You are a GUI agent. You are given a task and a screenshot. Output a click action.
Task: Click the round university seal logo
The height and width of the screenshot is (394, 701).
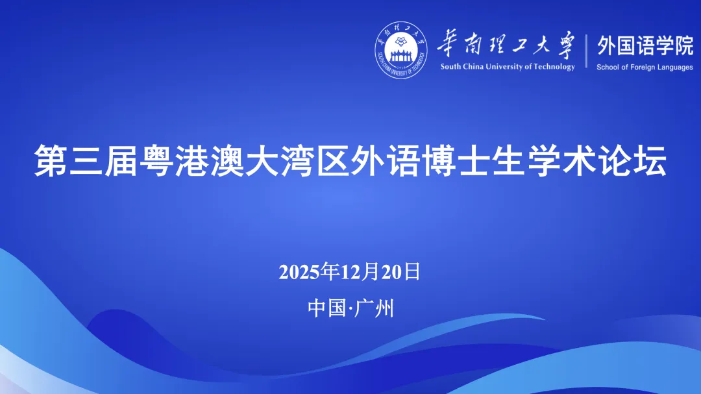click(x=400, y=49)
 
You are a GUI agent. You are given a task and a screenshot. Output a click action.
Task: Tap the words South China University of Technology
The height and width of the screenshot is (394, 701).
click(x=508, y=67)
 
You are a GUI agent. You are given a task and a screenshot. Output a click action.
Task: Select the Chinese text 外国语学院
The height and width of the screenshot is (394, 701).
click(x=645, y=45)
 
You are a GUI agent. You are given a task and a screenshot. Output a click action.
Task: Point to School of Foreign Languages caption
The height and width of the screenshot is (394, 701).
click(x=645, y=67)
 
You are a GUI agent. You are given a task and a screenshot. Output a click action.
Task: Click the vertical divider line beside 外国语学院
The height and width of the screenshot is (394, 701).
click(x=586, y=51)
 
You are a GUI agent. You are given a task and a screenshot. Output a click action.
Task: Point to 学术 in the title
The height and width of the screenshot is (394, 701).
click(x=561, y=160)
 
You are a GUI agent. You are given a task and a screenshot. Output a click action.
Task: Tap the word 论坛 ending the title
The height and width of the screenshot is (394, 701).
click(x=632, y=160)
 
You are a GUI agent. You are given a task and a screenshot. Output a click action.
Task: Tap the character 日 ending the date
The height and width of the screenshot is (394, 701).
click(x=412, y=271)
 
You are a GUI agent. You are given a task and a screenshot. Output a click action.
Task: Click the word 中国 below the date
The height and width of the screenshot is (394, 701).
click(x=326, y=308)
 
